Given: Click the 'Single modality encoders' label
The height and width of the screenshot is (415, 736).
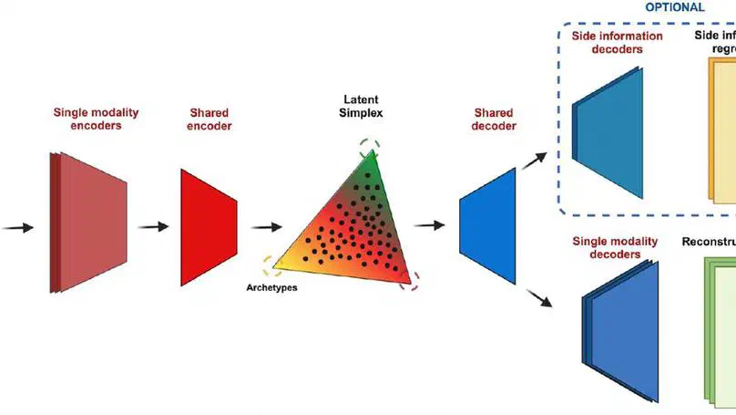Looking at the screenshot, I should tap(96, 119).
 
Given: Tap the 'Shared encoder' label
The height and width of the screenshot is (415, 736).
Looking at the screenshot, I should tap(210, 119).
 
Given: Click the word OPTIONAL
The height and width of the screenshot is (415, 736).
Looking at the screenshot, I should tap(675, 6).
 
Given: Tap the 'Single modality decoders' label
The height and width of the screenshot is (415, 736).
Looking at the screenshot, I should tap(615, 248).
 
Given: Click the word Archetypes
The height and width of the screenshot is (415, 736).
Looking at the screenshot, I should tap(272, 287).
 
